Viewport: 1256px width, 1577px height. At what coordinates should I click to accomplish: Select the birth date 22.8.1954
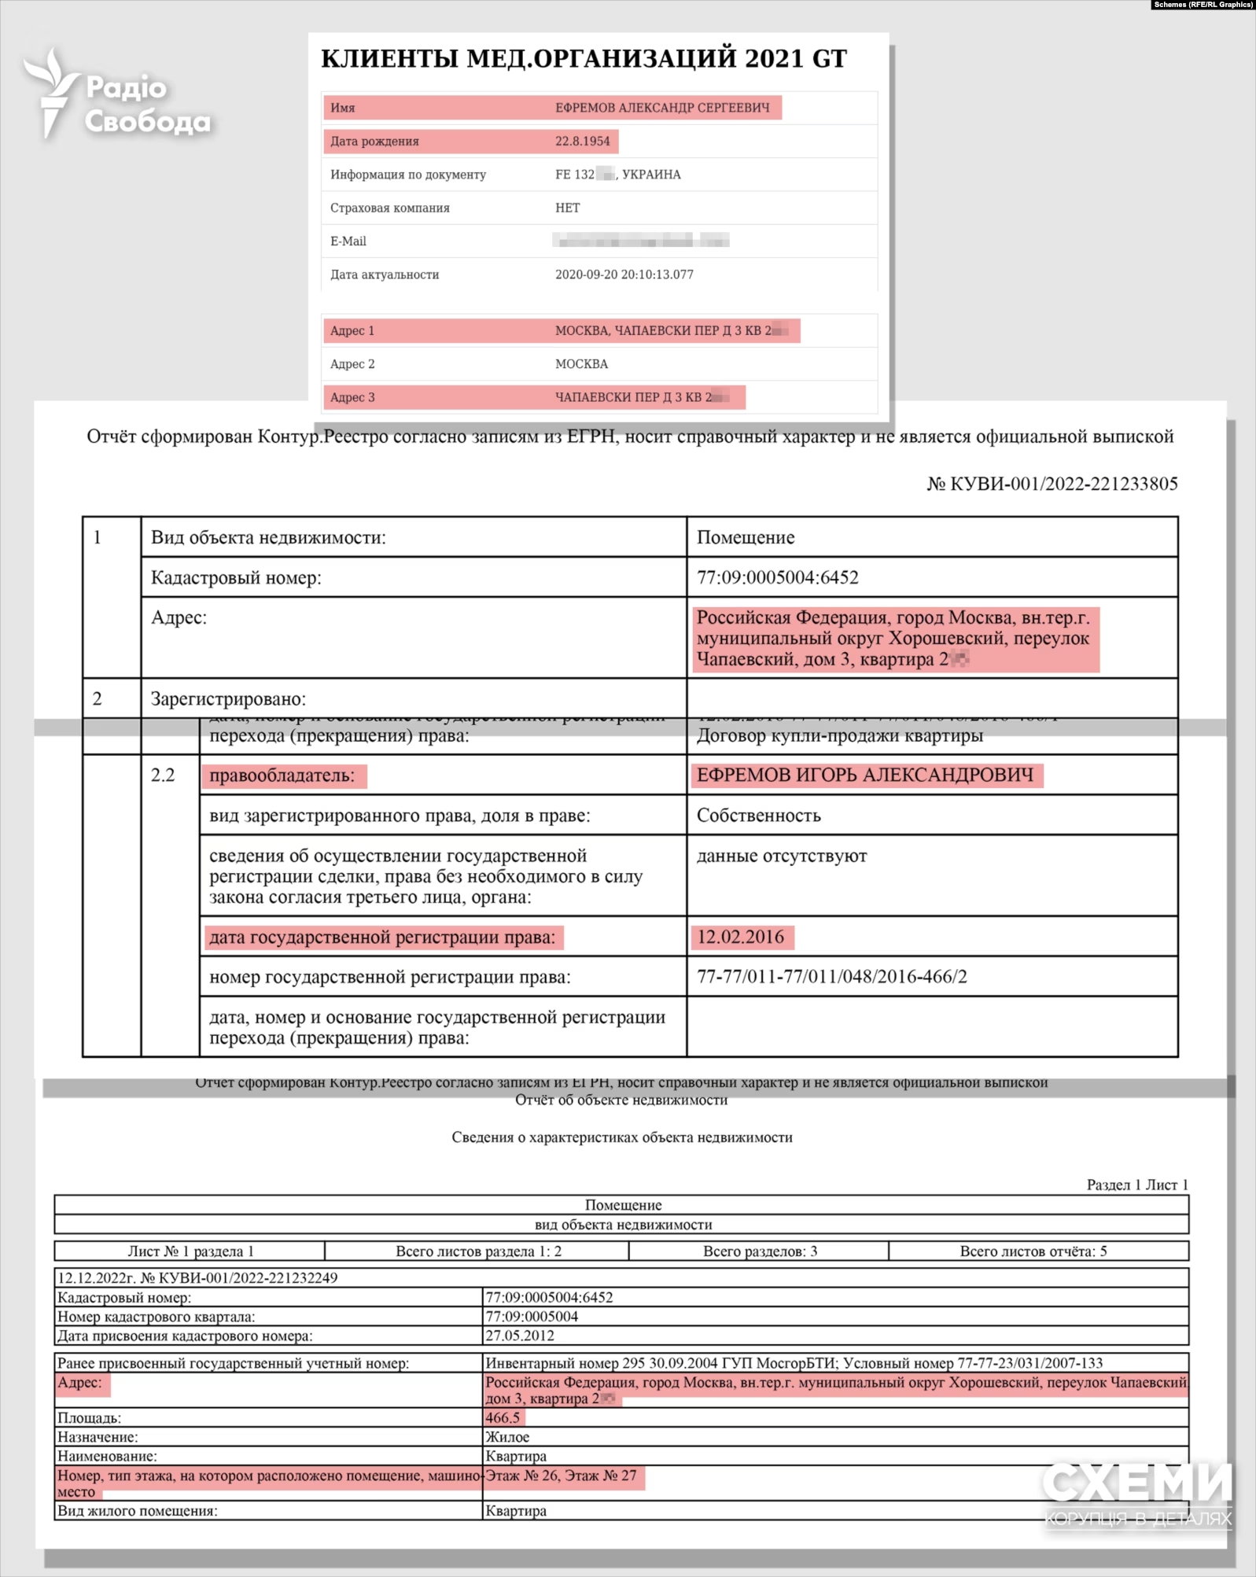pos(582,142)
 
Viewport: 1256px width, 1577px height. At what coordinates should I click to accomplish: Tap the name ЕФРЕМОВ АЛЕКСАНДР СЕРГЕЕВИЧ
pos(662,108)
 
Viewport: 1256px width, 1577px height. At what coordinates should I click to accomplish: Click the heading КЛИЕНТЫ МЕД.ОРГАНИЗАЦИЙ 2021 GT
pos(584,59)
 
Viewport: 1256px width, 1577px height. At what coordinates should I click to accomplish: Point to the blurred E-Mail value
pos(640,241)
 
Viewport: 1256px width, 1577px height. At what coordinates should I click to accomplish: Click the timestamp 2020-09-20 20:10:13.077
pos(624,275)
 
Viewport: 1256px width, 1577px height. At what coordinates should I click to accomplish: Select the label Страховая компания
pos(389,208)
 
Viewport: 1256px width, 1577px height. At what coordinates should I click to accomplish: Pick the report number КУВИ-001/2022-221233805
pos(1063,484)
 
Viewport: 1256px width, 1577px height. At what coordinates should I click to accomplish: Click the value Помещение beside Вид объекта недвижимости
pos(745,537)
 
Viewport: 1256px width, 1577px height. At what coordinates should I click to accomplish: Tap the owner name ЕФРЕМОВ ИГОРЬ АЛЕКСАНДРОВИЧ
pos(864,776)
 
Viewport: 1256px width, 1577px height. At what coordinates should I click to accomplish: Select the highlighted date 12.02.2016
pos(740,937)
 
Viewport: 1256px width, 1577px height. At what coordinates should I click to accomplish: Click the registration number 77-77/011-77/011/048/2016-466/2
pos(831,977)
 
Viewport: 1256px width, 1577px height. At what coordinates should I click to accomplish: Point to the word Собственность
pos(758,816)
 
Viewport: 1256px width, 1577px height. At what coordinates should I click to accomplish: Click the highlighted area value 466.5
pos(503,1417)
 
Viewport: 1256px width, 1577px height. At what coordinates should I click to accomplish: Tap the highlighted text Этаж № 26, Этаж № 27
pos(561,1476)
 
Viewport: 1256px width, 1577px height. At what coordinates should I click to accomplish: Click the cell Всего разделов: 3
pos(759,1251)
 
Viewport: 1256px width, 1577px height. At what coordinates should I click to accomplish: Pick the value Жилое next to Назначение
pos(506,1437)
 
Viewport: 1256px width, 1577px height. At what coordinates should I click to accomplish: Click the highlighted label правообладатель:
pos(282,776)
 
